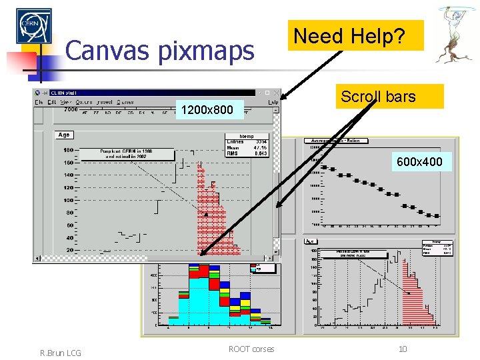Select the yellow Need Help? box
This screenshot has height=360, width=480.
pos(358,35)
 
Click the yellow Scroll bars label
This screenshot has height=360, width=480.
pos(379,97)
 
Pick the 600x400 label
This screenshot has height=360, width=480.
pos(418,161)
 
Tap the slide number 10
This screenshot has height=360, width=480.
pos(402,349)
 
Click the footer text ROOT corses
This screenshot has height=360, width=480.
pos(251,349)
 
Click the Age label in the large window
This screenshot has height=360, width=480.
pos(64,135)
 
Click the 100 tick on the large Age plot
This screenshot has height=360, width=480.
pos(69,200)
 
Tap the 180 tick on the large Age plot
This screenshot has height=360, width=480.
pos(69,150)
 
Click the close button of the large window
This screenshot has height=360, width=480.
pos(274,92)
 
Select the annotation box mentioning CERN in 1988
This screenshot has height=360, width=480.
pos(127,154)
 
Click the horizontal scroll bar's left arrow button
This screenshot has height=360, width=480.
pos(37,259)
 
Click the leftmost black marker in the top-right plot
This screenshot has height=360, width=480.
pos(323,167)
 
